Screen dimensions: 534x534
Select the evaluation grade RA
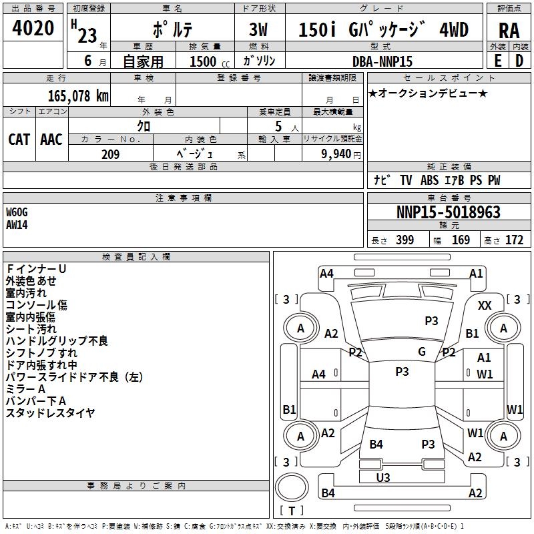point(509,31)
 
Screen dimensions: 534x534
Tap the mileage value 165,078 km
point(78,95)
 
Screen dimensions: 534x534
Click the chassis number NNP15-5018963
point(448,212)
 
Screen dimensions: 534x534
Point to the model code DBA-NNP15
point(382,61)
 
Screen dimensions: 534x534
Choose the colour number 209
point(110,154)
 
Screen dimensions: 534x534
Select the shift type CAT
point(19,140)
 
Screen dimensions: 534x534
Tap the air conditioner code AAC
point(51,140)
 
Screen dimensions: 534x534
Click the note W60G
point(17,212)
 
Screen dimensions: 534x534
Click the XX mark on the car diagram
point(485,305)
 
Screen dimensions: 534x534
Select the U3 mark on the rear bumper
point(383,477)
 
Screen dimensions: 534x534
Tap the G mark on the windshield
point(422,351)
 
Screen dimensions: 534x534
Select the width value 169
point(461,240)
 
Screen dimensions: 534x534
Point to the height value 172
point(514,240)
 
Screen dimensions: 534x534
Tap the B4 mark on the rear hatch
point(376,444)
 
